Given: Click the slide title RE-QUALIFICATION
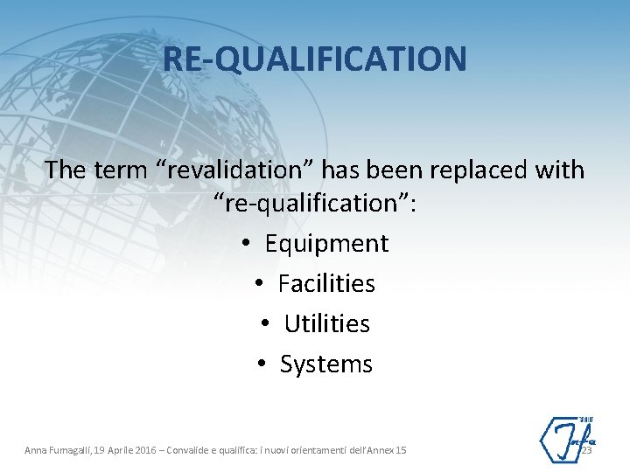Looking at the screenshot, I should [314, 59].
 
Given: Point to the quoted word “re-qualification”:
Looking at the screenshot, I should [316, 204].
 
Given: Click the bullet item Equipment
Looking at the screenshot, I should [326, 244].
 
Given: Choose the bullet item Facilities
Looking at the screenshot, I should [326, 284].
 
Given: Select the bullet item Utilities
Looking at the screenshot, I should [326, 324].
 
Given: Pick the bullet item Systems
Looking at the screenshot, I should [326, 364].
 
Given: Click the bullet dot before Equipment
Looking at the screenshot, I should [248, 245].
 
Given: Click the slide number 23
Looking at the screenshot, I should [586, 450].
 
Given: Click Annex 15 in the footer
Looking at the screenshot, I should [388, 450].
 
